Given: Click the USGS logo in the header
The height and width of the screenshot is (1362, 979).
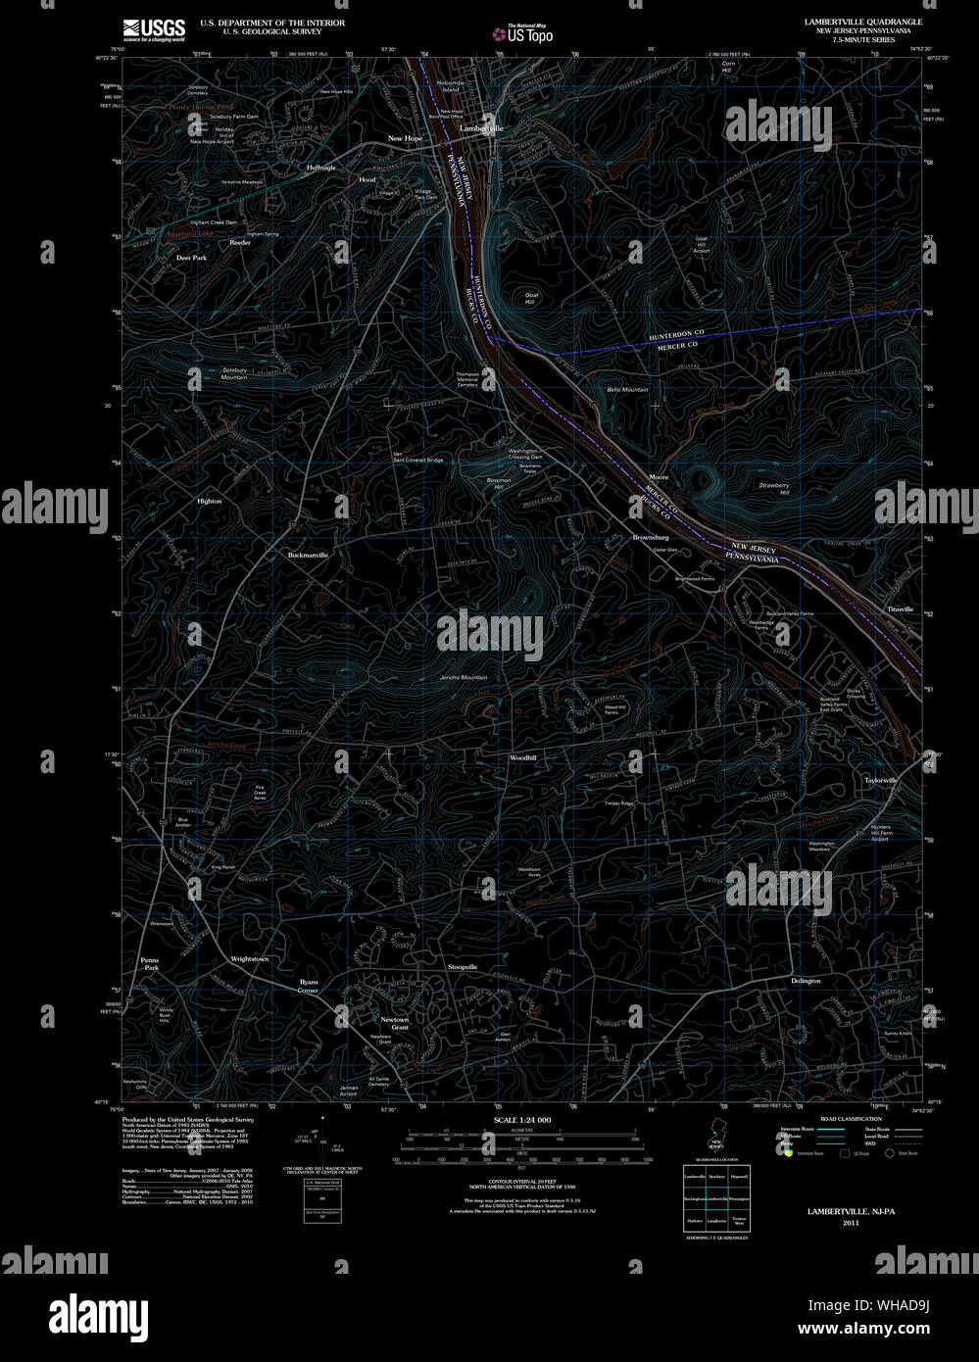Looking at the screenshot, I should click(x=154, y=29).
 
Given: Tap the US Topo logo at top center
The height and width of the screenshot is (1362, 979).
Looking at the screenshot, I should click(x=522, y=34).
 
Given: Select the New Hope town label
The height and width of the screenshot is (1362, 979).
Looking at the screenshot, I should click(x=405, y=139).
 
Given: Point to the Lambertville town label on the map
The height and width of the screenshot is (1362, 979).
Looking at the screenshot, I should click(x=481, y=128).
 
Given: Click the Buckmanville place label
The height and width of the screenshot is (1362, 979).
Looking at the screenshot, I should click(x=308, y=555).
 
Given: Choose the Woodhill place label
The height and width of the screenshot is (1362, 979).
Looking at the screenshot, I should click(x=522, y=757).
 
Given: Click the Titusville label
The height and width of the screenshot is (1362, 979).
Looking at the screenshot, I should click(x=900, y=609).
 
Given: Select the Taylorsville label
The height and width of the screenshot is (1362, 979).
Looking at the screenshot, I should click(x=880, y=780).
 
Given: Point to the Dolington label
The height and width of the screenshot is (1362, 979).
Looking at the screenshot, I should click(x=806, y=981).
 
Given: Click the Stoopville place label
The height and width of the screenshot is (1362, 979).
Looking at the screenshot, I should click(x=463, y=967).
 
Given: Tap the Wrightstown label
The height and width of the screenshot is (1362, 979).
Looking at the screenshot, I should click(x=249, y=958).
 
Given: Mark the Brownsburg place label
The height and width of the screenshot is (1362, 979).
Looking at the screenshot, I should click(x=651, y=537).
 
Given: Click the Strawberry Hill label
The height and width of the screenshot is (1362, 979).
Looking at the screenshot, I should click(x=773, y=489).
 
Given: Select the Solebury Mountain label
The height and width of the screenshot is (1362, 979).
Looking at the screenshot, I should click(x=233, y=373).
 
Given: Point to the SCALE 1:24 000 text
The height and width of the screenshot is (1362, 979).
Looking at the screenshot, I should click(x=522, y=1119).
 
